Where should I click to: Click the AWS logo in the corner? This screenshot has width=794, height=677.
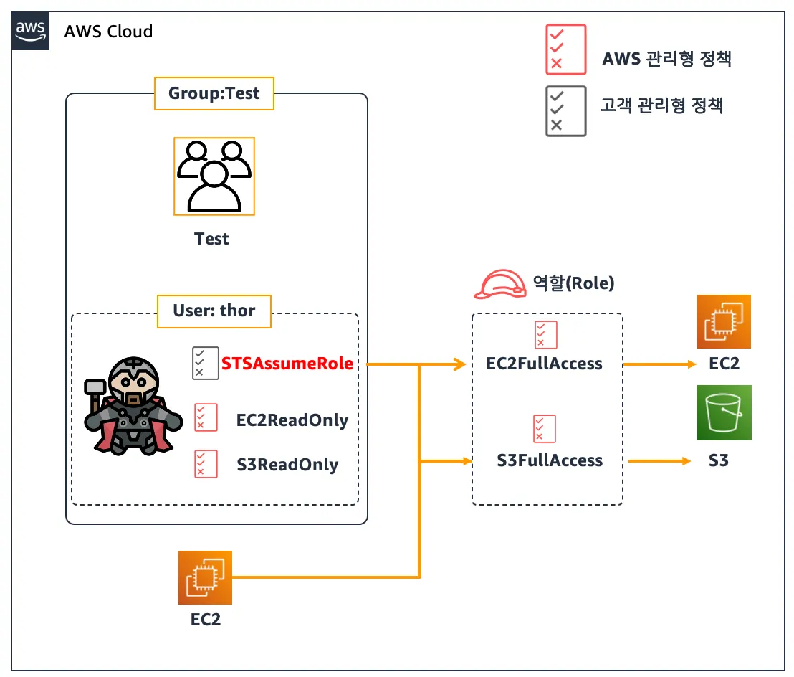pyautogui.click(x=31, y=31)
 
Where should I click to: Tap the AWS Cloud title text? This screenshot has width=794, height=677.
pyautogui.click(x=108, y=32)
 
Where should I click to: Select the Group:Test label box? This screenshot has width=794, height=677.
pyautogui.click(x=214, y=94)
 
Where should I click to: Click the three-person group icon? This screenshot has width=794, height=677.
pyautogui.click(x=214, y=176)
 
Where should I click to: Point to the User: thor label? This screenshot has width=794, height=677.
pyautogui.click(x=214, y=311)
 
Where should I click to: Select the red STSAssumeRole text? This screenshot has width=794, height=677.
pyautogui.click(x=287, y=364)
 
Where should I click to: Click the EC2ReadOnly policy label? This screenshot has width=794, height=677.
pyautogui.click(x=292, y=420)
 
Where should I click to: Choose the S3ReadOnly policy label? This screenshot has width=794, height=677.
pyautogui.click(x=287, y=465)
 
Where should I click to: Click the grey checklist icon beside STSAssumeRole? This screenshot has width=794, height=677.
pyautogui.click(x=205, y=363)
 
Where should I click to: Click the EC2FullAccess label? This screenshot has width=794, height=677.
pyautogui.click(x=544, y=364)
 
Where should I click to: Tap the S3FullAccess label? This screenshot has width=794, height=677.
pyautogui.click(x=550, y=460)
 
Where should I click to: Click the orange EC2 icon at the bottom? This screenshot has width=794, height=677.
pyautogui.click(x=205, y=578)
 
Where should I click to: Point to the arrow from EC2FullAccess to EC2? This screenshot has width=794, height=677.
pyautogui.click(x=659, y=364)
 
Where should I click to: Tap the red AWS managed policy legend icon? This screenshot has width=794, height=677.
pyautogui.click(x=565, y=49)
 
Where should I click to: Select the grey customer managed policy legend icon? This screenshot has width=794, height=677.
pyautogui.click(x=565, y=111)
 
